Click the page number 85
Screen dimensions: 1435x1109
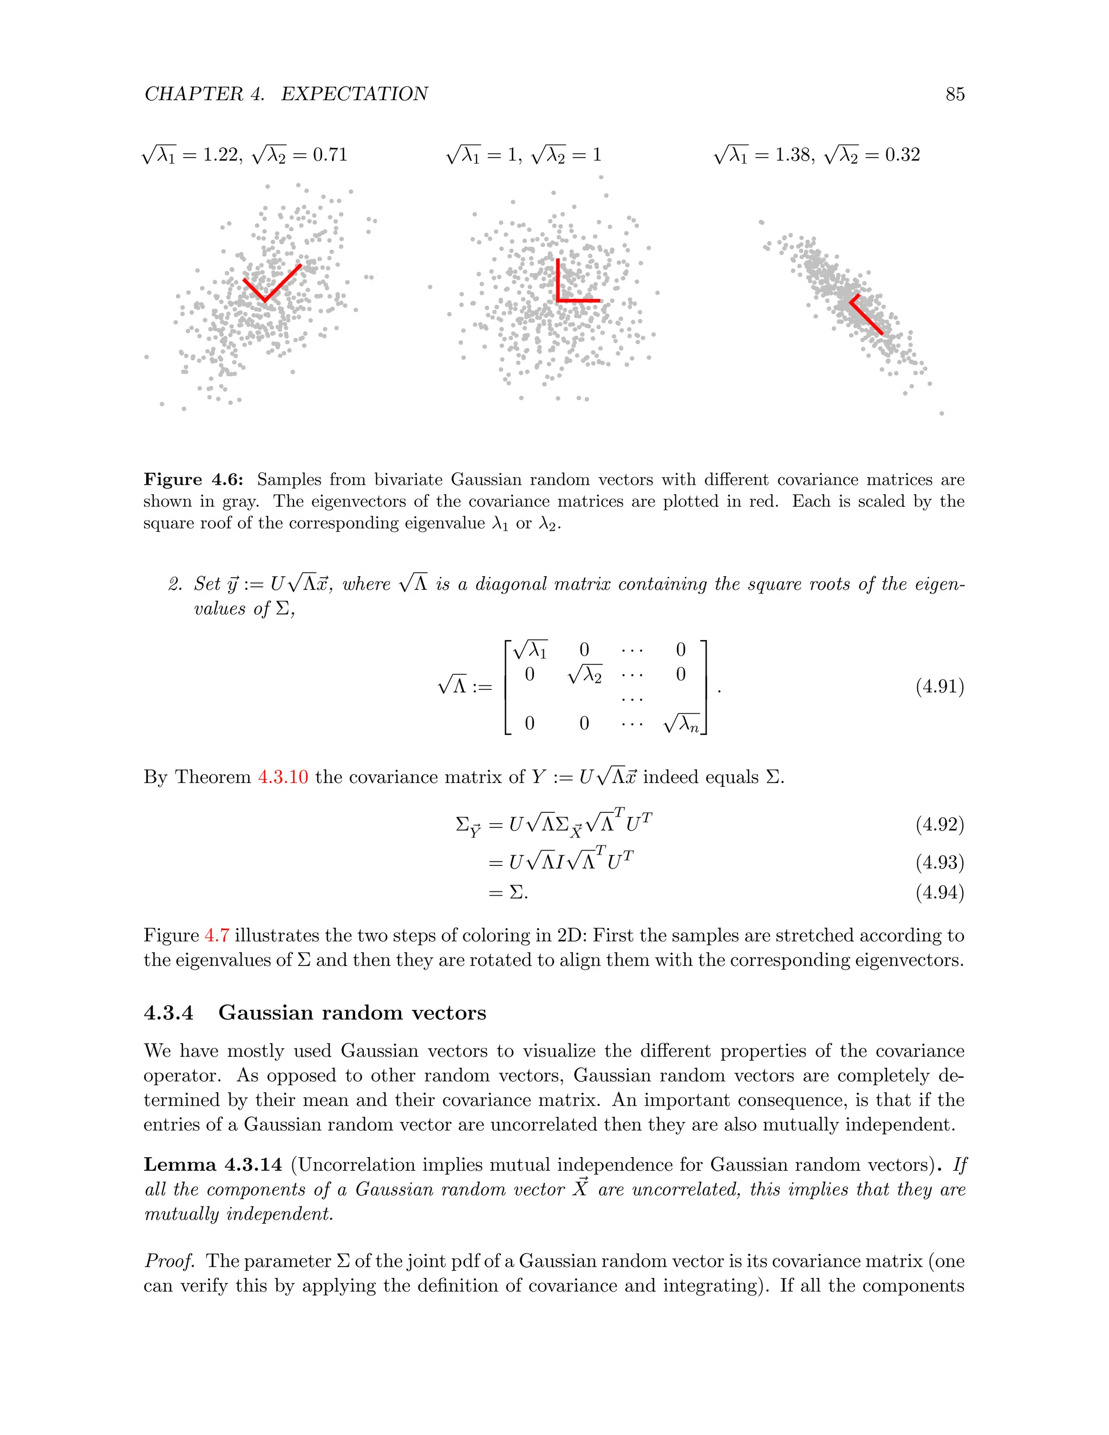click(x=955, y=94)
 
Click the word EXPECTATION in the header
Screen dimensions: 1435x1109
click(x=354, y=94)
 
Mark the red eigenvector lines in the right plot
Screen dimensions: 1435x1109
click(x=866, y=317)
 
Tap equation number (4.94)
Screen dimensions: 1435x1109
click(x=940, y=892)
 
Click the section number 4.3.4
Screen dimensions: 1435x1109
click(x=169, y=1013)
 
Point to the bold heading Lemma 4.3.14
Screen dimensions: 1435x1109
click(x=213, y=1165)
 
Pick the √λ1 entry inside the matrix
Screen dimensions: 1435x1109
click(x=530, y=650)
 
